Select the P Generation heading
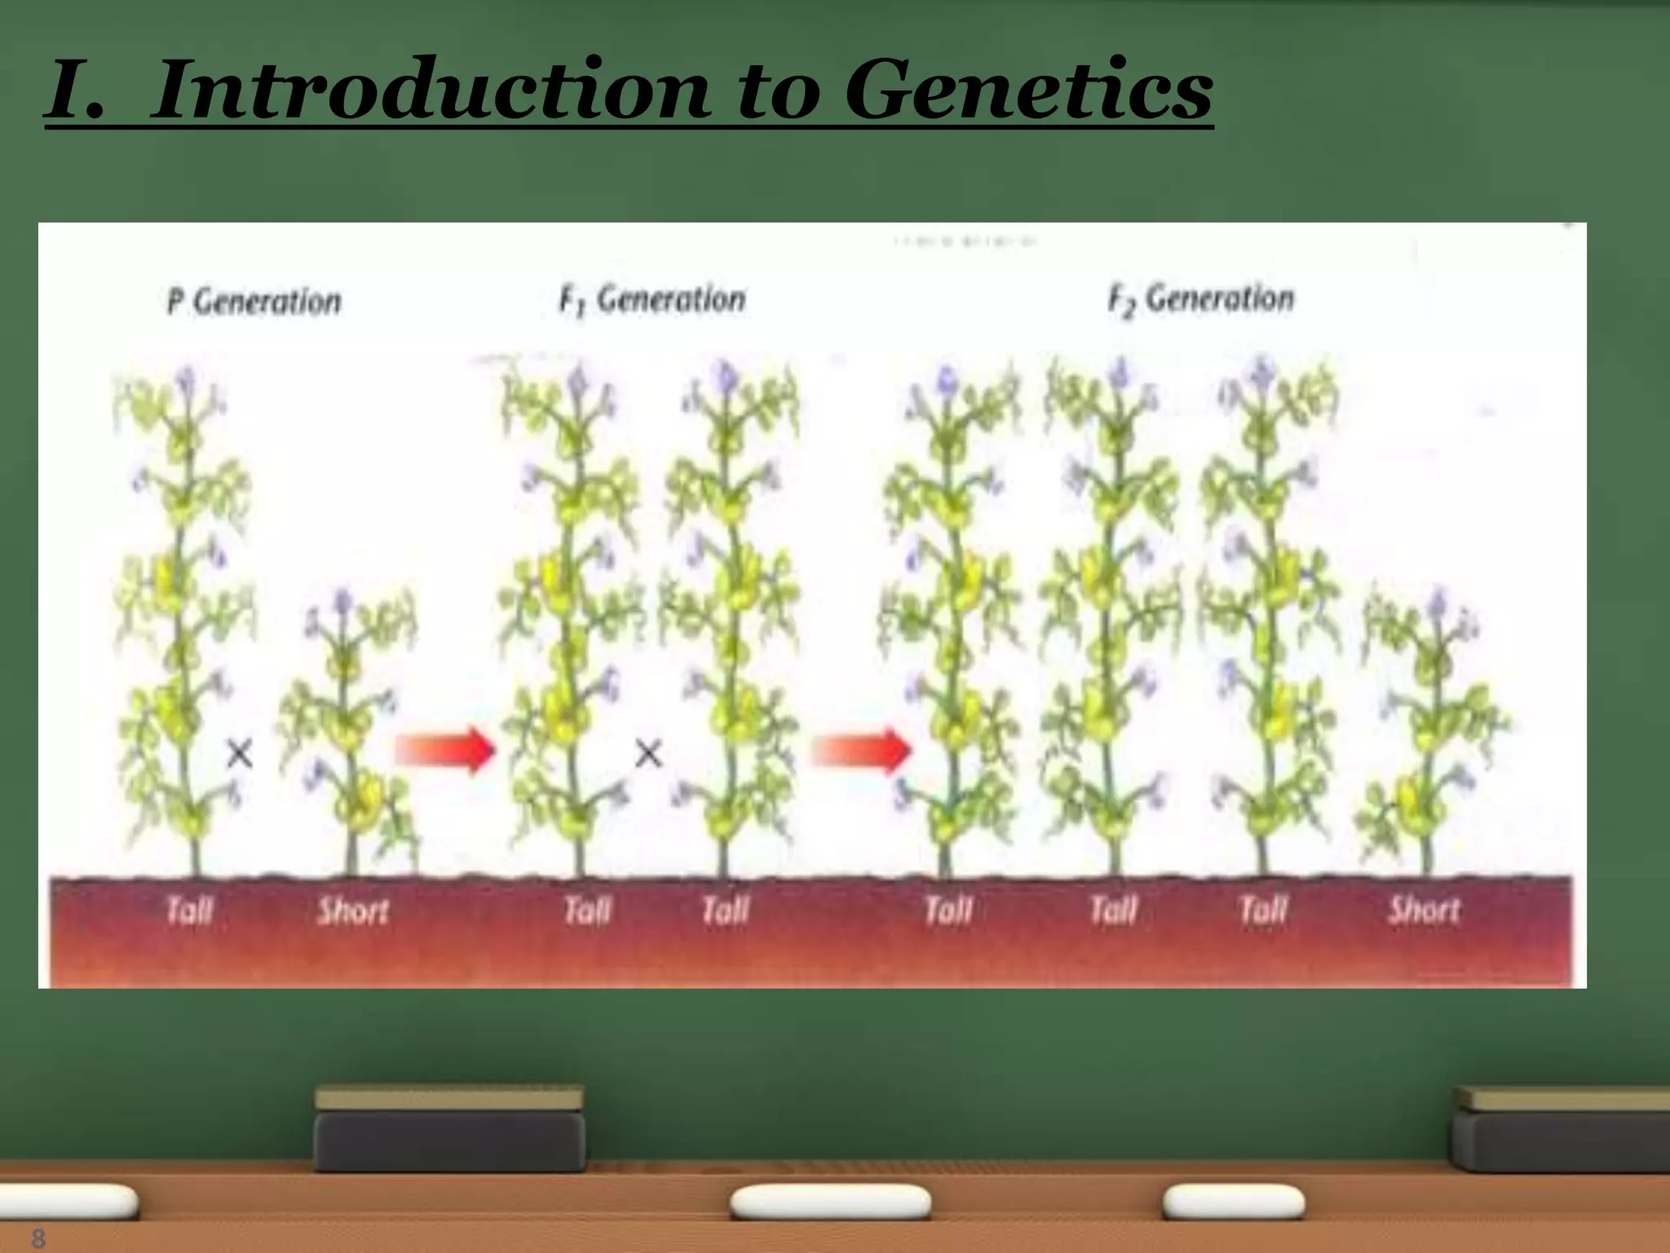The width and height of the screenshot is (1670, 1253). point(254,302)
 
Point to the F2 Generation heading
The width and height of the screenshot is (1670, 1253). point(1201,299)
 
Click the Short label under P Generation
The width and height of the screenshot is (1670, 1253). point(353,910)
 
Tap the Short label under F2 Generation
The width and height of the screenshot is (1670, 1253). point(1425,909)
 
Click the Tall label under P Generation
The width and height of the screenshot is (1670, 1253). point(189,910)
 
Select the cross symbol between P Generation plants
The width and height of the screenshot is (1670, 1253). point(239,753)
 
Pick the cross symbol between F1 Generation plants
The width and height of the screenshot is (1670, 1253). point(648,754)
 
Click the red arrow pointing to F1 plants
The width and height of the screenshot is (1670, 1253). point(444,749)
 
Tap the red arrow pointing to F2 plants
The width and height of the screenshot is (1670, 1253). point(861,749)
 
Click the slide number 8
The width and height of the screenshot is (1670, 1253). point(38,1238)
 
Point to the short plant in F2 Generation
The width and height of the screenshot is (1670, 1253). point(1429,734)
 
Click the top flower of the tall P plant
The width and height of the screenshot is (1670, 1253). point(188,378)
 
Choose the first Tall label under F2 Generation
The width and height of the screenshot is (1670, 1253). point(948,910)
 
